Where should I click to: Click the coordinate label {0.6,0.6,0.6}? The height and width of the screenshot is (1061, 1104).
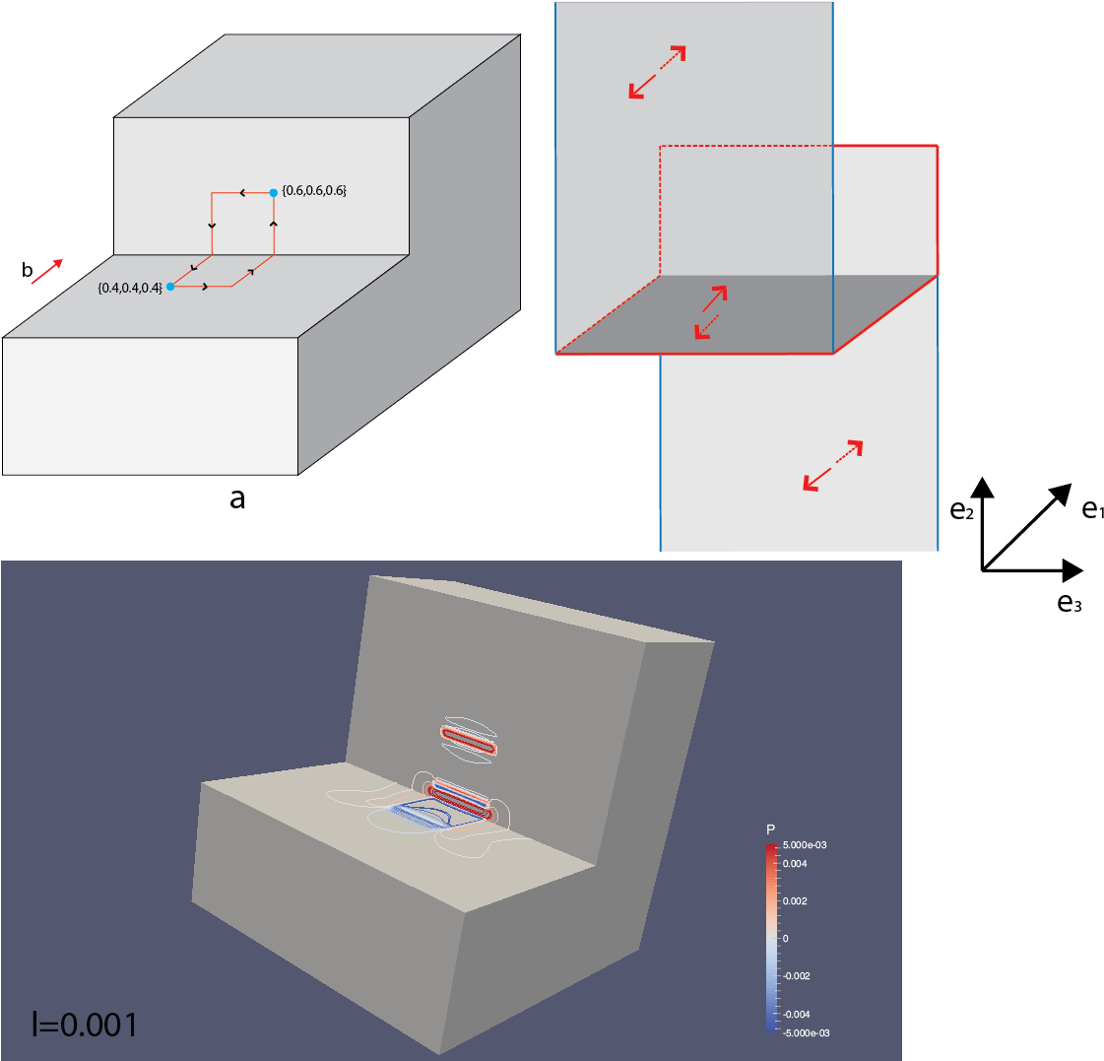pyautogui.click(x=314, y=191)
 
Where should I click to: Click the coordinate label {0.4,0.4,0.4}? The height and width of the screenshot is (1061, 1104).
pyautogui.click(x=130, y=288)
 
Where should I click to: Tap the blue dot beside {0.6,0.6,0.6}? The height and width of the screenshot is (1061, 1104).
pyautogui.click(x=274, y=192)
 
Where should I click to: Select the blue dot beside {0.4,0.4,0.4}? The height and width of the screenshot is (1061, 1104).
pyautogui.click(x=170, y=287)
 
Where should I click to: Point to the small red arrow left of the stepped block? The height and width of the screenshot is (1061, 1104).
pyautogui.click(x=47, y=272)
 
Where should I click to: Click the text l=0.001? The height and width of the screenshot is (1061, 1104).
pyautogui.click(x=85, y=1025)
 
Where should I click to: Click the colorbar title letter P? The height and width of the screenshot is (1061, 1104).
pyautogui.click(x=770, y=829)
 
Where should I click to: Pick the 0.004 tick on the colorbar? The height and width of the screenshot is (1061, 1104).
pyautogui.click(x=795, y=864)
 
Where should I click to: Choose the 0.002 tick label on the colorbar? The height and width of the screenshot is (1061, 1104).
pyautogui.click(x=795, y=901)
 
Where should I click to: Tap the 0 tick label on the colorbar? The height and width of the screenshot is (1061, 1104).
pyautogui.click(x=785, y=939)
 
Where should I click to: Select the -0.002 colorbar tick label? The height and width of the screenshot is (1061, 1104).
pyautogui.click(x=796, y=976)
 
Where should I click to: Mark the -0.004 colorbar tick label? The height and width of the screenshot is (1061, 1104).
pyautogui.click(x=796, y=1014)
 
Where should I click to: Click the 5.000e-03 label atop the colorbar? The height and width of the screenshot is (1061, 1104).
pyautogui.click(x=805, y=845)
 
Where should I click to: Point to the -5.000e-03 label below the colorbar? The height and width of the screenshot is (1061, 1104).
pyautogui.click(x=807, y=1032)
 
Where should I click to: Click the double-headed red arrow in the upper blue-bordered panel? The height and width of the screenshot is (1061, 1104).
pyautogui.click(x=657, y=72)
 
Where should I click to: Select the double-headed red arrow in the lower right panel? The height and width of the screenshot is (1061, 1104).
pyautogui.click(x=833, y=465)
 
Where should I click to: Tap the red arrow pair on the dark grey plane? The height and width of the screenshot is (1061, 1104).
pyautogui.click(x=711, y=312)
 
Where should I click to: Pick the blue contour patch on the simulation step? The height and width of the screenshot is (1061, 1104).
pyautogui.click(x=419, y=815)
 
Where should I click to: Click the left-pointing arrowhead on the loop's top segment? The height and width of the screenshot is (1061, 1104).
pyautogui.click(x=242, y=193)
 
